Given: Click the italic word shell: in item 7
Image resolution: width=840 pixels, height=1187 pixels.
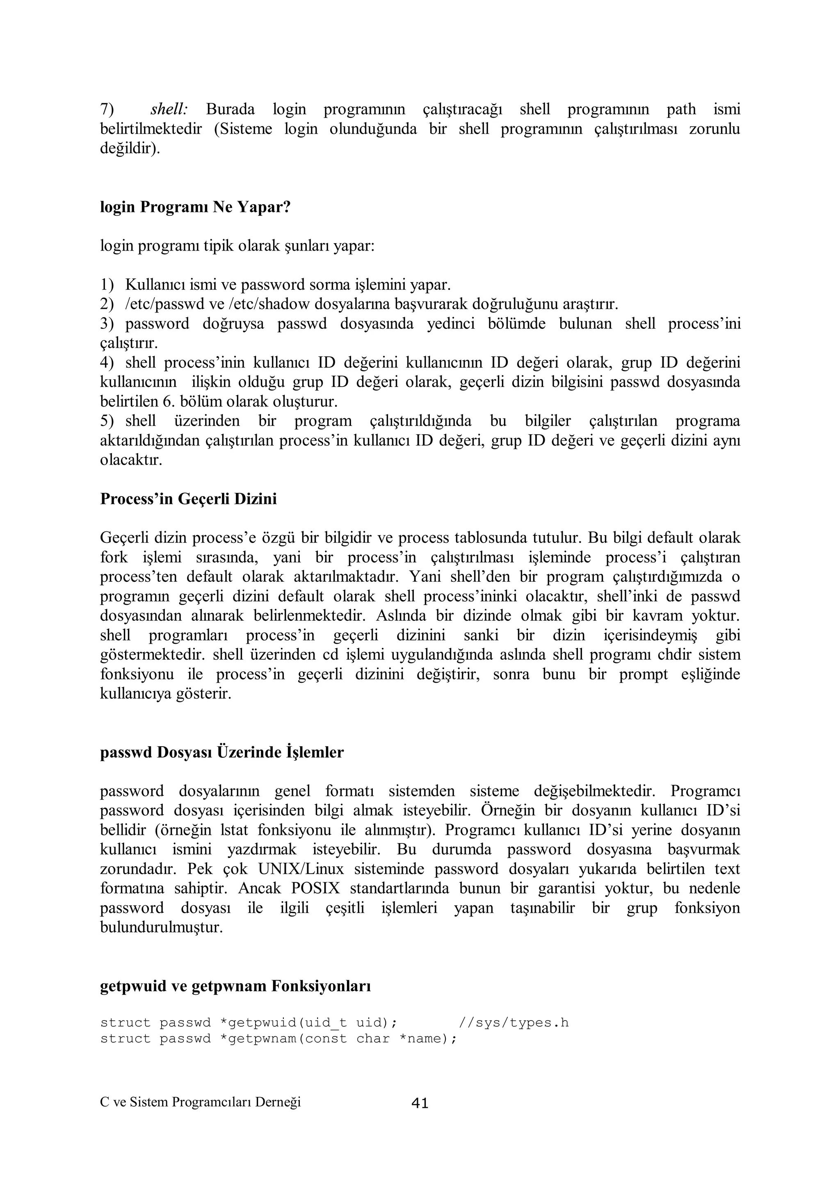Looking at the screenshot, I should click(169, 109).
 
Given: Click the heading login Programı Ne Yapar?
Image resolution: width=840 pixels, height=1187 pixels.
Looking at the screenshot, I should click(195, 207).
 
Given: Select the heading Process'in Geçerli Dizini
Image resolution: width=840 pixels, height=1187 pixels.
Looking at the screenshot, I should click(188, 499).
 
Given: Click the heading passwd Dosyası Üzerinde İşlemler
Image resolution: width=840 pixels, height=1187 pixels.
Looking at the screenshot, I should click(221, 752).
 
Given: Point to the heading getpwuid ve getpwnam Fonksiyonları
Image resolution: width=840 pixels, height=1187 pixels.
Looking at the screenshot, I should click(235, 987).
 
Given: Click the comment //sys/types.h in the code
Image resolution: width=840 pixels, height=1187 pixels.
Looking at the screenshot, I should click(514, 1023).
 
